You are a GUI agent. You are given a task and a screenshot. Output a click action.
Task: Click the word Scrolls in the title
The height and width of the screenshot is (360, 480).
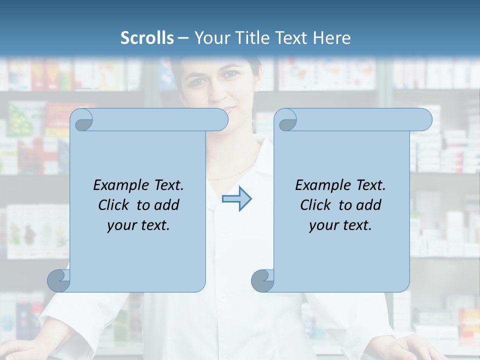[147, 38]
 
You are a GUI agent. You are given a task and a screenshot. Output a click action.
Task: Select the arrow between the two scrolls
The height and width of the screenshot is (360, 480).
[236, 198]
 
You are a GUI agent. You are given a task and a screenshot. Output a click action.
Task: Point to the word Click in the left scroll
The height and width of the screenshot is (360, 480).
[115, 205]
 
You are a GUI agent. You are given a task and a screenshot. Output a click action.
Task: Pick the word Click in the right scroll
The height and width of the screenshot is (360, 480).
[317, 205]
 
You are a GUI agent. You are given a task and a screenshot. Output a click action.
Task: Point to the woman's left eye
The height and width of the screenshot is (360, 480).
[230, 75]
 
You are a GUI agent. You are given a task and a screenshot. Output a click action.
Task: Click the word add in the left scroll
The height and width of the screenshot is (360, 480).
[167, 205]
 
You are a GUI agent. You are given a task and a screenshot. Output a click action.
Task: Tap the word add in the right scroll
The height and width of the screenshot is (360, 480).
[369, 205]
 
